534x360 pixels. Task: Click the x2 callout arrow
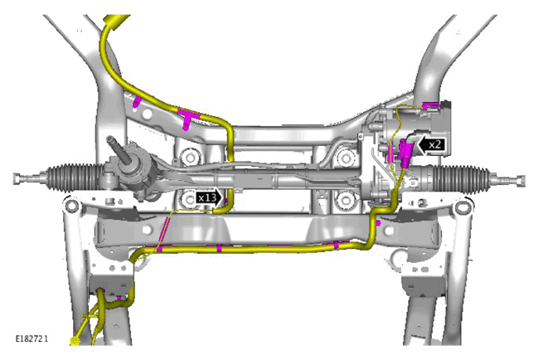coord(431,144)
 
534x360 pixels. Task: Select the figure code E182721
coord(32,338)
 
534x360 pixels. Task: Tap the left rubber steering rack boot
coord(75,178)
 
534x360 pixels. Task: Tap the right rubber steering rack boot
coord(461,179)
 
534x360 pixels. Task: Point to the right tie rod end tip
coord(522,180)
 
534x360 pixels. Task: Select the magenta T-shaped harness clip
coord(187,118)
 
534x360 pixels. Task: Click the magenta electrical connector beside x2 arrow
coord(405,153)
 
